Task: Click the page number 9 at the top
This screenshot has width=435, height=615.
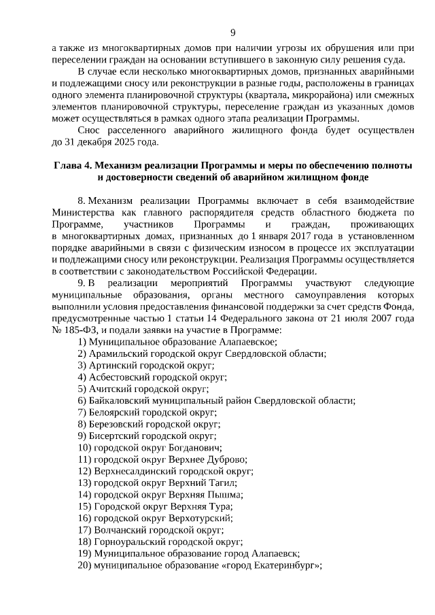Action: click(232, 33)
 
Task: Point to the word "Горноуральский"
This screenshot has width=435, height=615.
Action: click(126, 541)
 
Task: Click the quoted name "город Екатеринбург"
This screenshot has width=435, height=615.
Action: click(271, 565)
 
